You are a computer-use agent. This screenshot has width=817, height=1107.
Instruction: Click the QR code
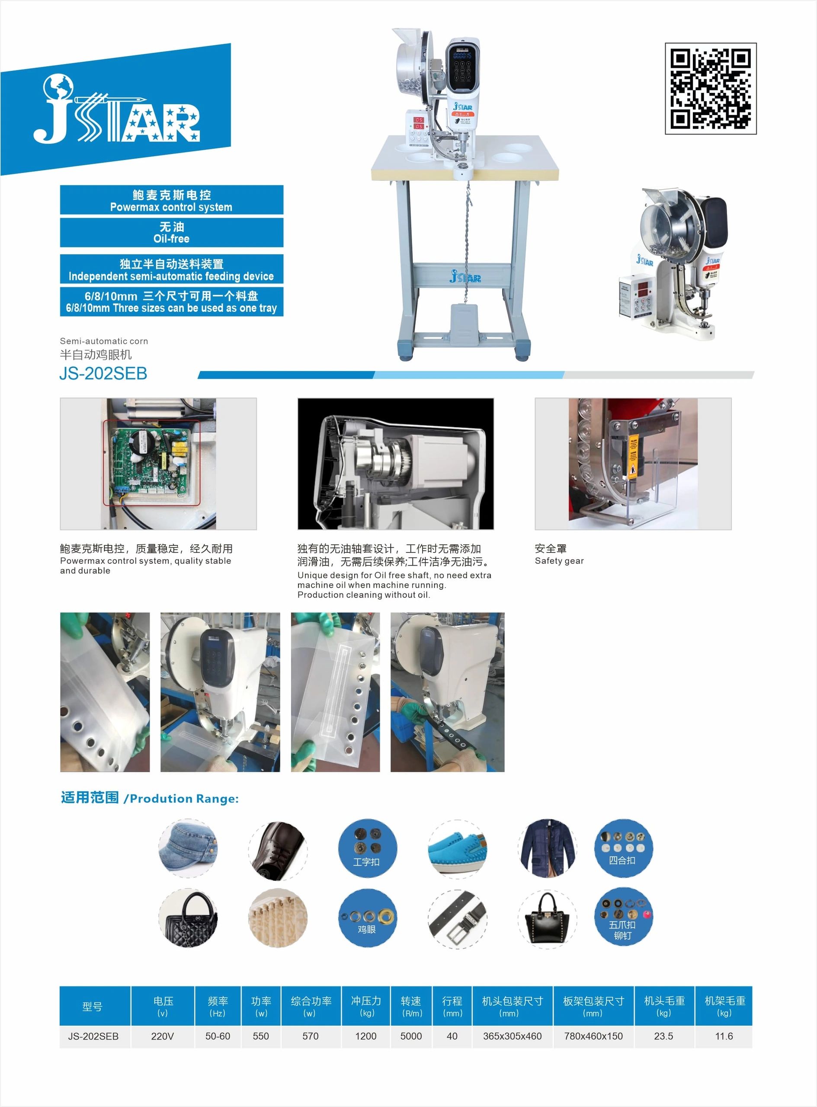pos(711,89)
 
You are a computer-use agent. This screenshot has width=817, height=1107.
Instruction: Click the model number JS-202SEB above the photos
pos(103,373)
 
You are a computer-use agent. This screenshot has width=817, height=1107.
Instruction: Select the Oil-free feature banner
pos(172,232)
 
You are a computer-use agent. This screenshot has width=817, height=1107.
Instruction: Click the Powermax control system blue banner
pos(172,200)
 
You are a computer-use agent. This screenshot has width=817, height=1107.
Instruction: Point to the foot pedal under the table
pos(464,322)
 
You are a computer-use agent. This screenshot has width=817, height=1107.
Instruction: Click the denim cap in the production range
pos(189,848)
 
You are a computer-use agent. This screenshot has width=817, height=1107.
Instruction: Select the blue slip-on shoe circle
pos(458,848)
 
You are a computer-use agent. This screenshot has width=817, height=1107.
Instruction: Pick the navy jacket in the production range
pos(548,848)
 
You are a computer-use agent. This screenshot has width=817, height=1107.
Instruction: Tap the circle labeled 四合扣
pos(623,848)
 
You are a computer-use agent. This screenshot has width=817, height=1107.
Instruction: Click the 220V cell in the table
pos(163,1036)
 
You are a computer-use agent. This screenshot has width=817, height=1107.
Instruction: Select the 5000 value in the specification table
pos(411,1036)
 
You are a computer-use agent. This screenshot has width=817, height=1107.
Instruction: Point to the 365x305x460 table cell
pos(513,1036)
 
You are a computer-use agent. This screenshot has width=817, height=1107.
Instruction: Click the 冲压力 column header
pos(366,1006)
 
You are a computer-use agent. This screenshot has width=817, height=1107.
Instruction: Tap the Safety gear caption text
pos(559,561)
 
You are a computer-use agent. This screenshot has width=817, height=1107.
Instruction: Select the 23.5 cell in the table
pos(664,1036)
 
